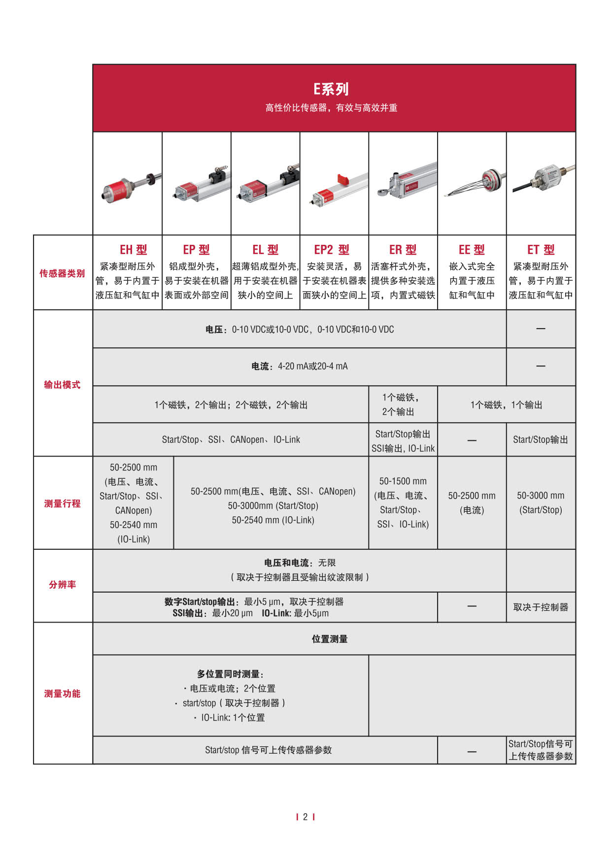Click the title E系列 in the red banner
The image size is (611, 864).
click(x=331, y=89)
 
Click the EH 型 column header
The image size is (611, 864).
click(x=133, y=250)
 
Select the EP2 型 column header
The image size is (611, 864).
click(x=332, y=250)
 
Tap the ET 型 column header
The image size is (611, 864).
click(x=541, y=250)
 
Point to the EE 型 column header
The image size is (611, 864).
click(x=472, y=250)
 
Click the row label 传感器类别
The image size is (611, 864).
click(x=62, y=273)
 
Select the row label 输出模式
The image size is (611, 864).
click(x=62, y=385)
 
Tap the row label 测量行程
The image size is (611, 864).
click(x=62, y=503)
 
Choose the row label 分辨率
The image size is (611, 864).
click(x=62, y=585)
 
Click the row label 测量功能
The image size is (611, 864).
click(x=62, y=694)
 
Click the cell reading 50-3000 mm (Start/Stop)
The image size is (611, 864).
click(x=541, y=502)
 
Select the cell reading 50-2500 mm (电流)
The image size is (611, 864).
click(x=472, y=502)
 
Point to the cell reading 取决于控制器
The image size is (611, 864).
click(x=541, y=607)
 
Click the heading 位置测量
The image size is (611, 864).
click(x=330, y=639)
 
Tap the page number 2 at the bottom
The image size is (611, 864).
click(x=305, y=817)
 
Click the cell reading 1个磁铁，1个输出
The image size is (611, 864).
click(x=506, y=405)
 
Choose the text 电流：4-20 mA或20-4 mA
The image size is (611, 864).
click(x=299, y=366)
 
